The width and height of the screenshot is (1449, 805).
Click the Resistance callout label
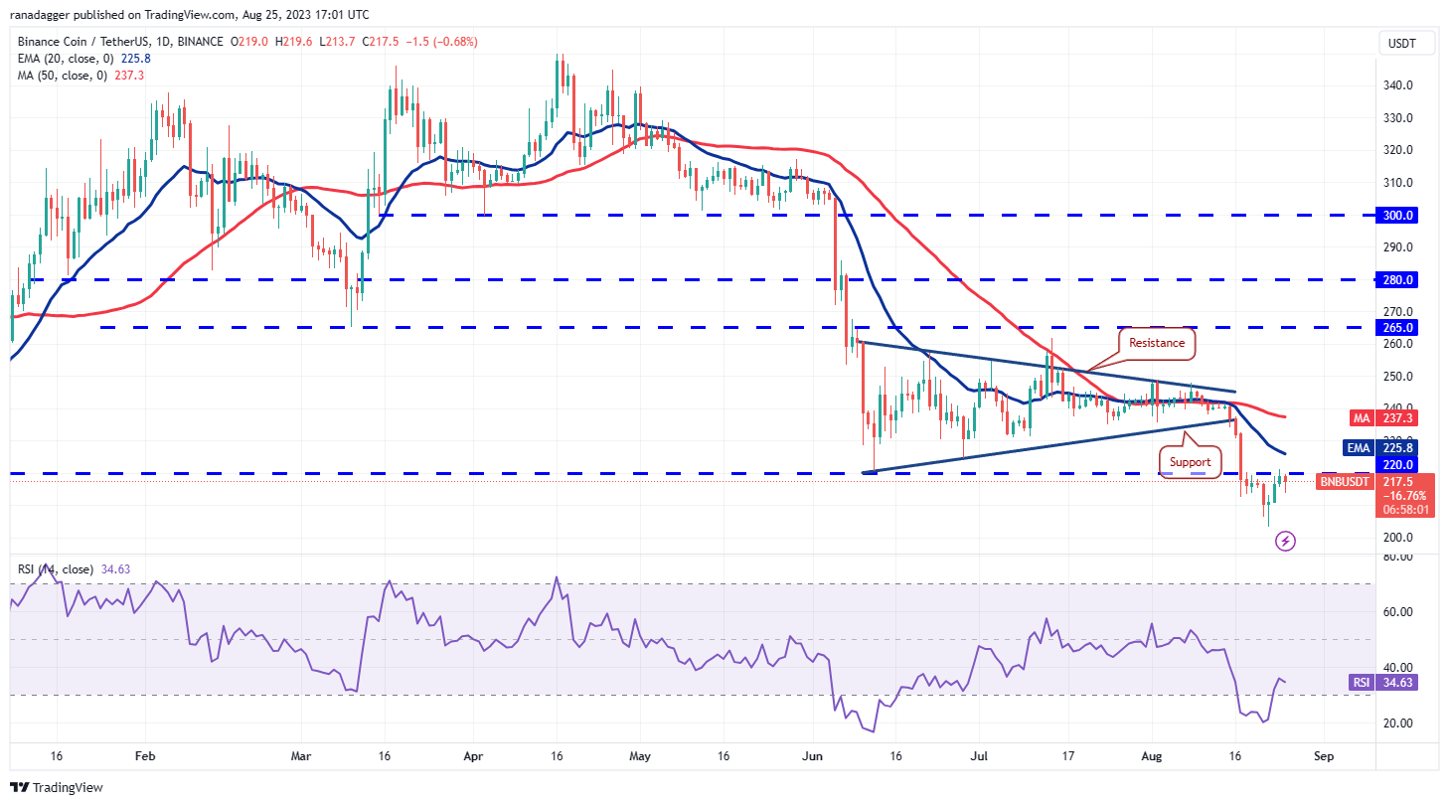(1156, 343)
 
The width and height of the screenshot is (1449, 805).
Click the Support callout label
(1190, 461)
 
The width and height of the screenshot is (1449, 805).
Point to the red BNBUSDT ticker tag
(1344, 482)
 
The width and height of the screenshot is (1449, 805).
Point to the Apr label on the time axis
(473, 756)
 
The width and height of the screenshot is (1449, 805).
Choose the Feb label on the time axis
(145, 756)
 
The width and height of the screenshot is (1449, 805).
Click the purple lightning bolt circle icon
(1285, 541)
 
